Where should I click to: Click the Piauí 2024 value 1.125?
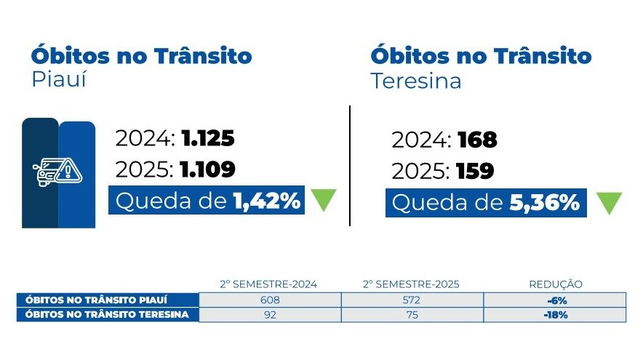click(x=209, y=139)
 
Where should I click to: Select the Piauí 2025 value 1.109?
click(x=209, y=169)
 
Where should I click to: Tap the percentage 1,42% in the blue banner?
click(x=267, y=201)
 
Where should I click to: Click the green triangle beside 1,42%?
click(x=324, y=200)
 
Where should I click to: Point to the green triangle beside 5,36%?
click(x=610, y=203)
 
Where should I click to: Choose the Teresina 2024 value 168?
click(x=476, y=140)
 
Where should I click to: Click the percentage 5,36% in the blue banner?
click(x=544, y=204)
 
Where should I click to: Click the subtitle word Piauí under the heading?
click(x=59, y=79)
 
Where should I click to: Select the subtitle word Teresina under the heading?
click(x=416, y=81)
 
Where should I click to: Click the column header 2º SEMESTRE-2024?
click(x=270, y=284)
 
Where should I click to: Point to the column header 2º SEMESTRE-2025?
click(x=412, y=284)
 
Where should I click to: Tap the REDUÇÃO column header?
click(x=555, y=284)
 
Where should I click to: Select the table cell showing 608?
click(x=270, y=300)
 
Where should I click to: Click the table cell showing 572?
click(x=412, y=300)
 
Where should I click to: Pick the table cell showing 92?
click(x=270, y=315)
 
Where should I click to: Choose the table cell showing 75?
click(x=412, y=315)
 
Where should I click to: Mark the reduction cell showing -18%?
click(x=555, y=315)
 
